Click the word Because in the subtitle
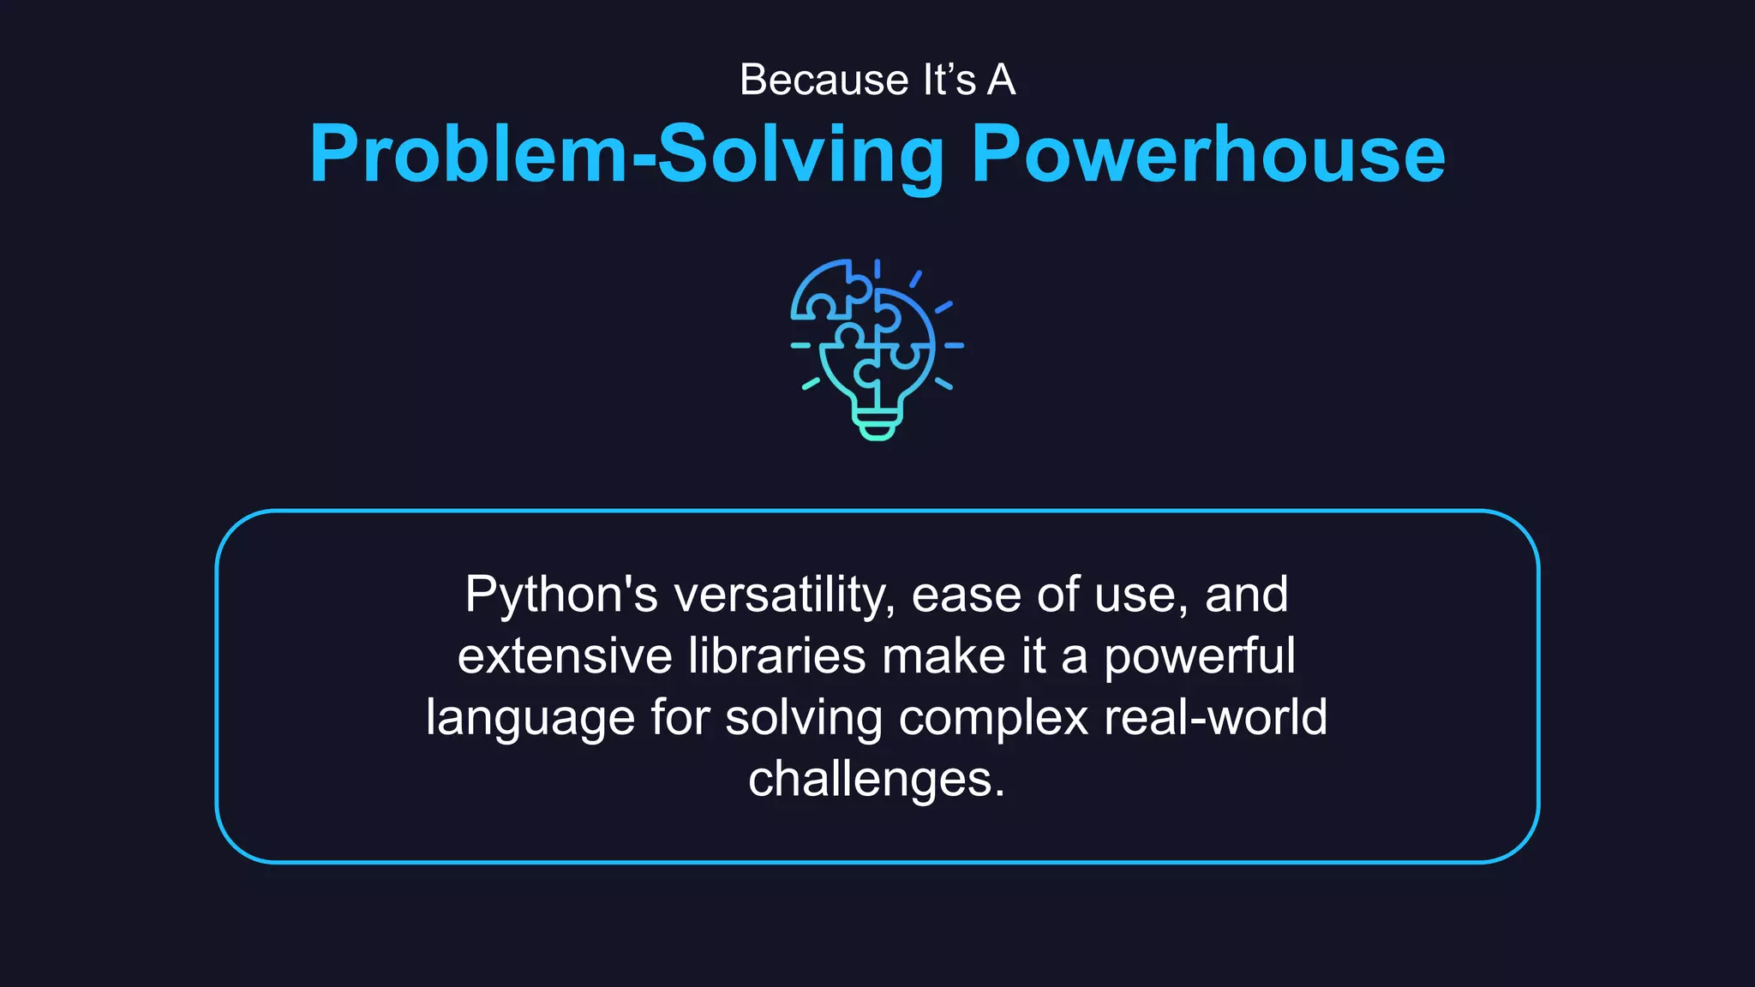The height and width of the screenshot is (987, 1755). [x=824, y=81]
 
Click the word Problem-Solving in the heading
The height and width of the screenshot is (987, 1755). [x=626, y=154]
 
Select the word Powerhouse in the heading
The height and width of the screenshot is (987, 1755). [x=1208, y=154]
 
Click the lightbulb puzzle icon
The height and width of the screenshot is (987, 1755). [x=877, y=350]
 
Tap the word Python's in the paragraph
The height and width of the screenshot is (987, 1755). [x=561, y=595]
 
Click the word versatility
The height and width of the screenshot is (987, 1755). [x=784, y=595]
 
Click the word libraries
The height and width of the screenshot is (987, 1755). [x=777, y=657]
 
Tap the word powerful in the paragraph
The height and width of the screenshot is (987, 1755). [x=1199, y=657]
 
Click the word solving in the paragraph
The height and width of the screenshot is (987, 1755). [x=804, y=719]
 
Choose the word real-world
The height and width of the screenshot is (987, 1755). [x=1215, y=717]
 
